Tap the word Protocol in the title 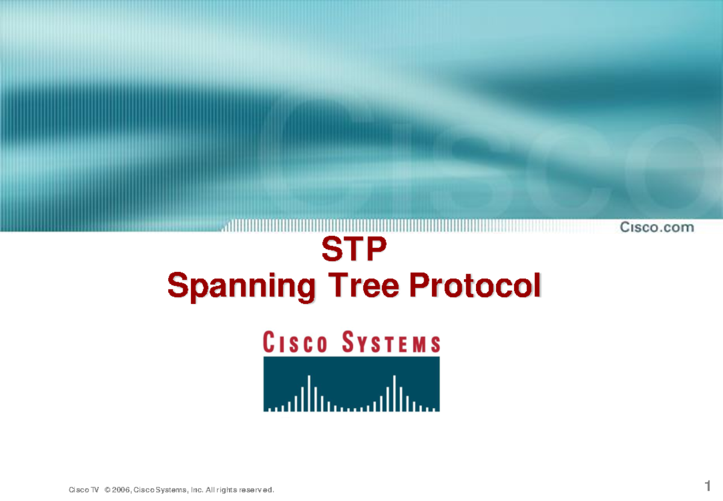click(x=474, y=286)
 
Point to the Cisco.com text click(x=657, y=227)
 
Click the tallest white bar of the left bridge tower click(x=308, y=392)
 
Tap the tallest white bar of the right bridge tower click(x=394, y=392)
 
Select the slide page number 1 click(x=708, y=485)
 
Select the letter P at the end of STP click(x=372, y=251)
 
